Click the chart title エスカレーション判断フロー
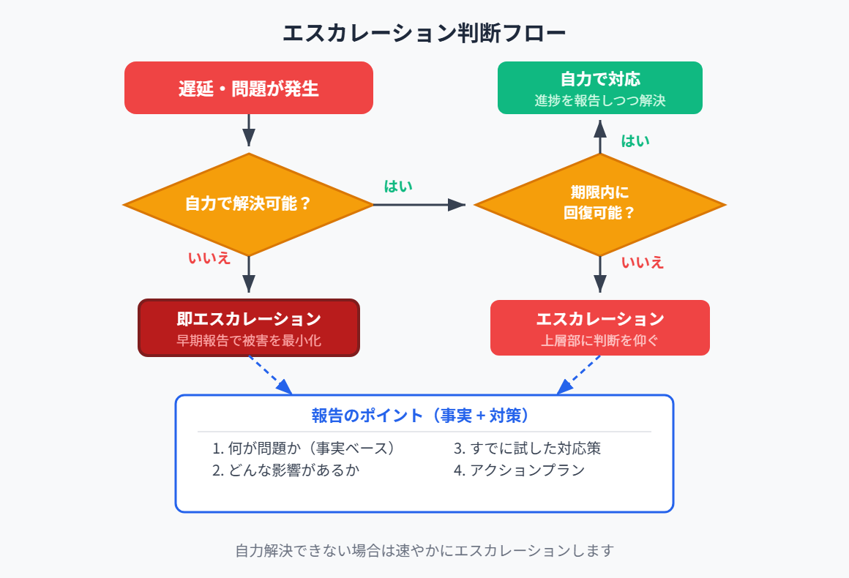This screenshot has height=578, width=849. [424, 34]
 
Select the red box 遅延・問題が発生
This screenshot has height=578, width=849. [249, 89]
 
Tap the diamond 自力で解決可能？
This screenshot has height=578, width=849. [249, 204]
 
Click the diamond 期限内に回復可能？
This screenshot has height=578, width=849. [599, 204]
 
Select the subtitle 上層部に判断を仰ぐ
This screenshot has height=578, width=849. [599, 340]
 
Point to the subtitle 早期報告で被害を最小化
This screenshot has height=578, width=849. [249, 340]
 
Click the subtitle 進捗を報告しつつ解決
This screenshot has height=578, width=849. [599, 101]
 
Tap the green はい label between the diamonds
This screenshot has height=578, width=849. [398, 186]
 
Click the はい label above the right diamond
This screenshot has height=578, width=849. [635, 140]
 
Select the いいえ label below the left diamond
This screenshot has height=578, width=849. [209, 258]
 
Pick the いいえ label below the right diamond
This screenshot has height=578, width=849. [643, 262]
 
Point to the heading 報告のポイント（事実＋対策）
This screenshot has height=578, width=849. [424, 416]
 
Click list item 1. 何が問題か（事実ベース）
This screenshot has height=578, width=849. [304, 448]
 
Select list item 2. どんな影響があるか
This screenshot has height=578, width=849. [285, 470]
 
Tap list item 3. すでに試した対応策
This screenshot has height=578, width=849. [527, 448]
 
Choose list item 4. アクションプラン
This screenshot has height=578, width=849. [519, 470]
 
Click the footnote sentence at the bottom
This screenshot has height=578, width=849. [424, 550]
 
